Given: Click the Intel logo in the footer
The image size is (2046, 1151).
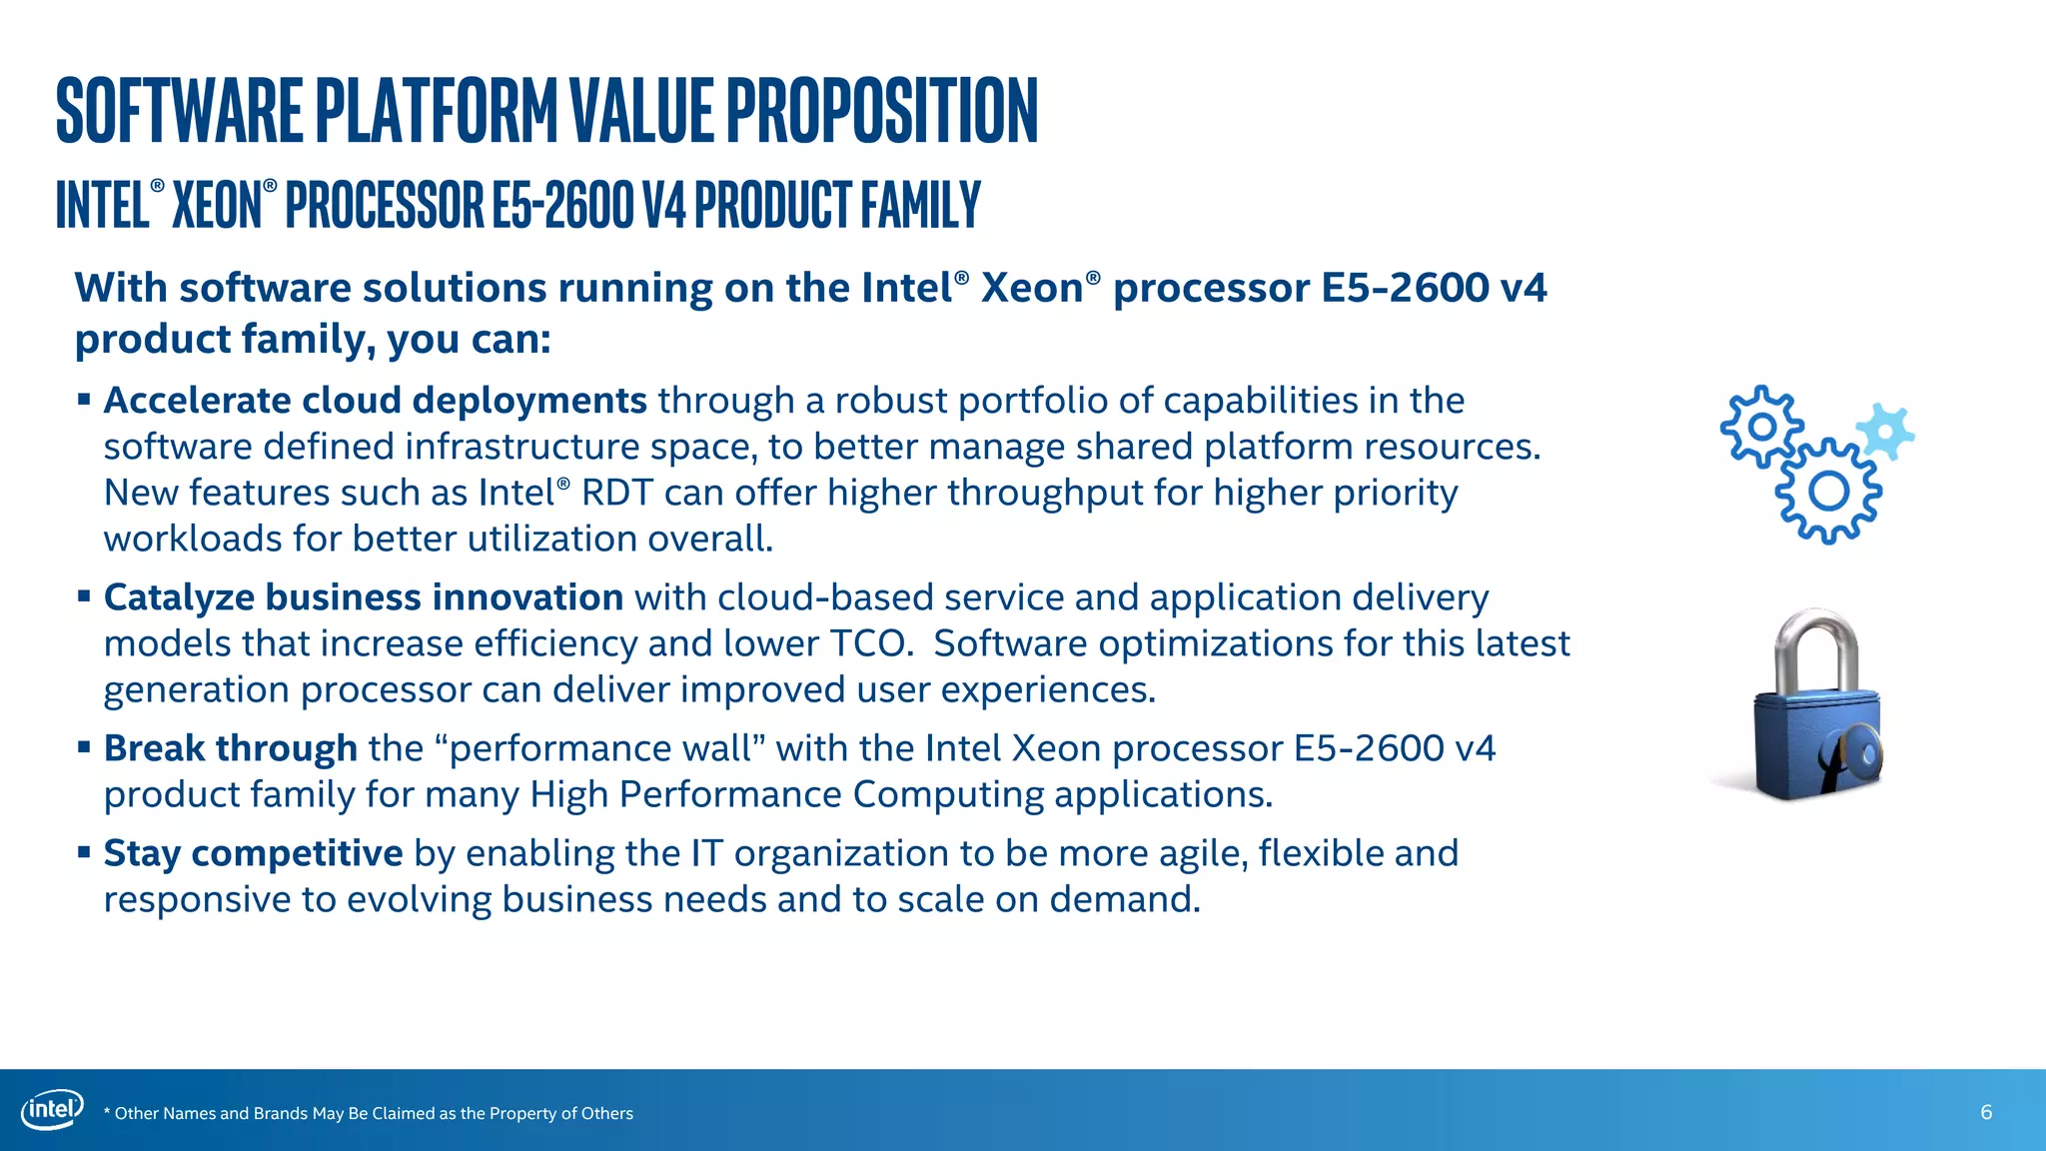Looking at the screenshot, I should pyautogui.click(x=52, y=1110).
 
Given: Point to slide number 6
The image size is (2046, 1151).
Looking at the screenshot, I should pyautogui.click(x=1986, y=1112).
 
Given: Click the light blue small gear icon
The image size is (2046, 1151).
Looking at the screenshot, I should pyautogui.click(x=1885, y=432).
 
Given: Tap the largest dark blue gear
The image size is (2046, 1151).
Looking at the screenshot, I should pyautogui.click(x=1829, y=491).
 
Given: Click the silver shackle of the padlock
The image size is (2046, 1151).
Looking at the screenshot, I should pyautogui.click(x=1817, y=649).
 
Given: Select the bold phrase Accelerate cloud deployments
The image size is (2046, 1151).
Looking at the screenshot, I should pyautogui.click(x=376, y=401).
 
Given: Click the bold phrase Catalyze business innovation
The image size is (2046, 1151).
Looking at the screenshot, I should pyautogui.click(x=364, y=597).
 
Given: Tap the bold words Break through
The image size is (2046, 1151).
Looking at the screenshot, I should pyautogui.click(x=231, y=748).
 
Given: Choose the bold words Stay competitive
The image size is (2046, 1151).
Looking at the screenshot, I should pyautogui.click(x=253, y=853).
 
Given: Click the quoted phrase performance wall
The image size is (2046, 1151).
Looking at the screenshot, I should pyautogui.click(x=600, y=748).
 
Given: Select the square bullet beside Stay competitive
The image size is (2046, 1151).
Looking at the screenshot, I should pyautogui.click(x=84, y=853).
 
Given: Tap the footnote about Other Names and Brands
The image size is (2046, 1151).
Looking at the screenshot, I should pyautogui.click(x=370, y=1113).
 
